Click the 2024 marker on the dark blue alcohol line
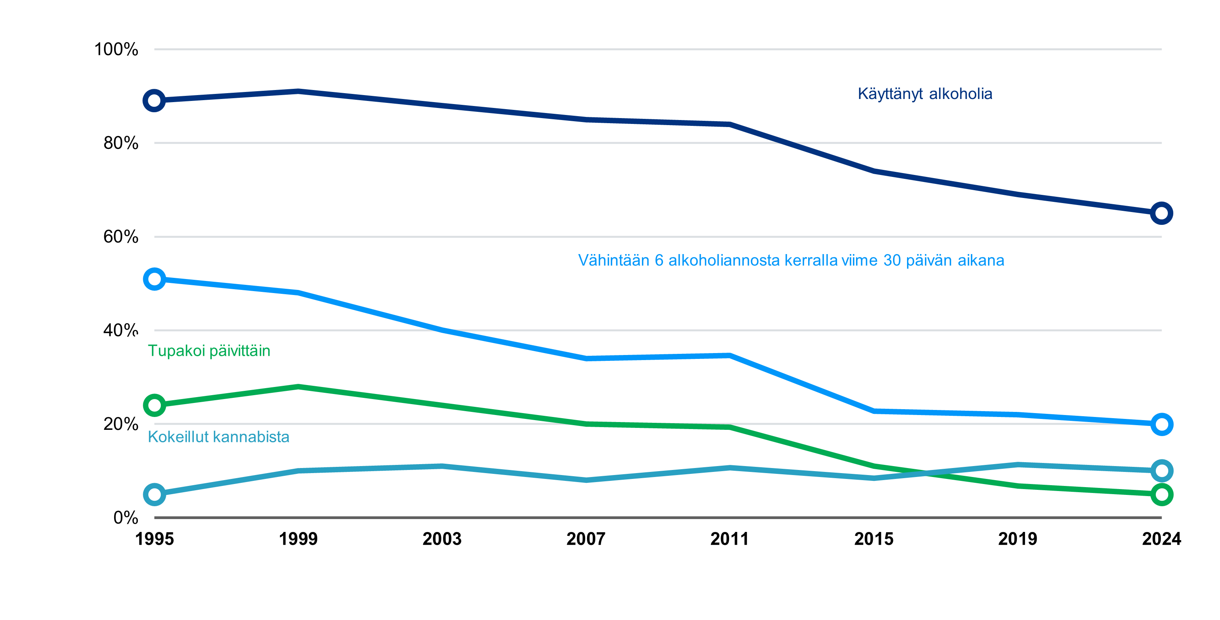click(x=1161, y=213)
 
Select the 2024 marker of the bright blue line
click(x=1161, y=424)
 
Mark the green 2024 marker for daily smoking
click(x=1161, y=495)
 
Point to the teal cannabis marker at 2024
click(x=1161, y=471)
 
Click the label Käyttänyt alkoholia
click(x=925, y=94)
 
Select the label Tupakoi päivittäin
click(x=209, y=351)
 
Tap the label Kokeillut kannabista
click(x=218, y=436)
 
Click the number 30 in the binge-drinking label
click(x=892, y=260)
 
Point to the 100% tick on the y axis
click(x=116, y=49)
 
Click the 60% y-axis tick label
click(x=121, y=237)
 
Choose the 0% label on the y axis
click(x=125, y=517)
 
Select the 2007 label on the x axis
click(x=586, y=539)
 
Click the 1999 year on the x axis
click(x=298, y=539)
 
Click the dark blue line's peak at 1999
click(x=298, y=91)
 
